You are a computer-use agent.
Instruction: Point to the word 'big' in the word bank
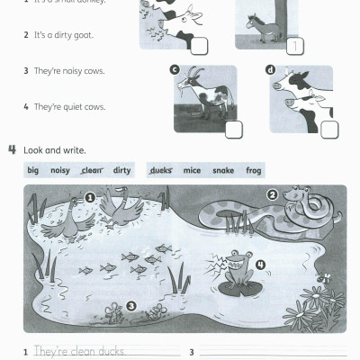[x=33, y=169]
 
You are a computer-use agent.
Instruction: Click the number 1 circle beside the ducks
[x=90, y=197]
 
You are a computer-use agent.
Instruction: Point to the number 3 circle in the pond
[x=131, y=306]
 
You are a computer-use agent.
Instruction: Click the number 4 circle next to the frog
[x=260, y=265]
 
